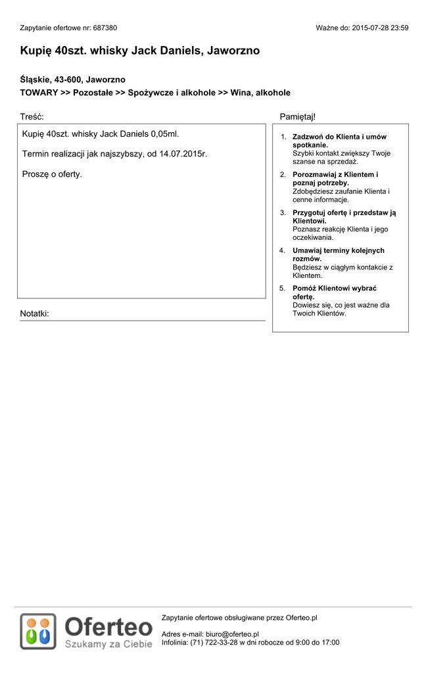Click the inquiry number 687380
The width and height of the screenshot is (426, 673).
(x=105, y=28)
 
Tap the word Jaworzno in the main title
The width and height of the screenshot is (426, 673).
(x=233, y=51)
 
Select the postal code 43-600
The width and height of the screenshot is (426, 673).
(x=68, y=80)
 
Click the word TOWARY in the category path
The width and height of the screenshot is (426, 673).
(x=39, y=93)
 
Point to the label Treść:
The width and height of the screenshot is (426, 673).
(x=32, y=116)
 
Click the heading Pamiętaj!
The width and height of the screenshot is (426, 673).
(x=297, y=116)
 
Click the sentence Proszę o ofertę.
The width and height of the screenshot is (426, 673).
(x=52, y=174)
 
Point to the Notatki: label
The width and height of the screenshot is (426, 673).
(x=34, y=313)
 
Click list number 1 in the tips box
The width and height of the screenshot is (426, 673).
(x=283, y=137)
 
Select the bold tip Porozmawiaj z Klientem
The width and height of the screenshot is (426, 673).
(x=335, y=175)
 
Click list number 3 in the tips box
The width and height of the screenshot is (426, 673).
(x=283, y=213)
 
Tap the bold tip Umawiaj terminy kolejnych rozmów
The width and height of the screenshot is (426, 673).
(x=338, y=251)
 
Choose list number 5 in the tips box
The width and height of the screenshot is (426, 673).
(x=283, y=289)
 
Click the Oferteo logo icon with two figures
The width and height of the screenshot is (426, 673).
(x=37, y=631)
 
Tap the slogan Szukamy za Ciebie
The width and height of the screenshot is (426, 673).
(x=108, y=644)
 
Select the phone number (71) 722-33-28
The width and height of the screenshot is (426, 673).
(x=214, y=643)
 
